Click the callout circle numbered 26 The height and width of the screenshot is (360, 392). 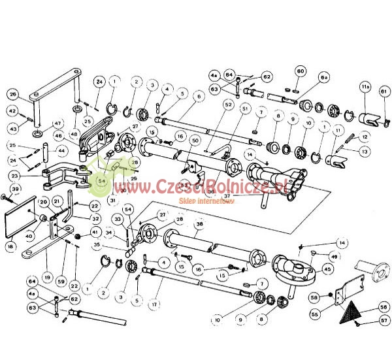(x=12, y=94)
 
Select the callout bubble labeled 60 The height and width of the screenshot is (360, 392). (x=301, y=71)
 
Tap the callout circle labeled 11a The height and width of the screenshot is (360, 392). (x=366, y=85)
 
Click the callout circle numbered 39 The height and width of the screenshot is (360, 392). (x=15, y=189)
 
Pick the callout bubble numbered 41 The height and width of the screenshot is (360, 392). (x=96, y=232)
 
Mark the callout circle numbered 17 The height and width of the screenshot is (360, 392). (x=154, y=304)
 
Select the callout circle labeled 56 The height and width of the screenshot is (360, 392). (x=384, y=307)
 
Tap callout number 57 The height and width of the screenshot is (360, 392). (x=384, y=321)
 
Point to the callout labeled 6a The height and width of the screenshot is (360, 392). (x=325, y=76)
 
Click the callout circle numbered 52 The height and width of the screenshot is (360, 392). (x=229, y=105)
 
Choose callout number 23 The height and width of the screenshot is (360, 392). (x=15, y=175)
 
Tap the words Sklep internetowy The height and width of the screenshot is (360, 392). (x=206, y=202)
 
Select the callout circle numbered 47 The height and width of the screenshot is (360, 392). (x=57, y=123)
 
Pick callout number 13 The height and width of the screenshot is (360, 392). (x=364, y=150)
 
